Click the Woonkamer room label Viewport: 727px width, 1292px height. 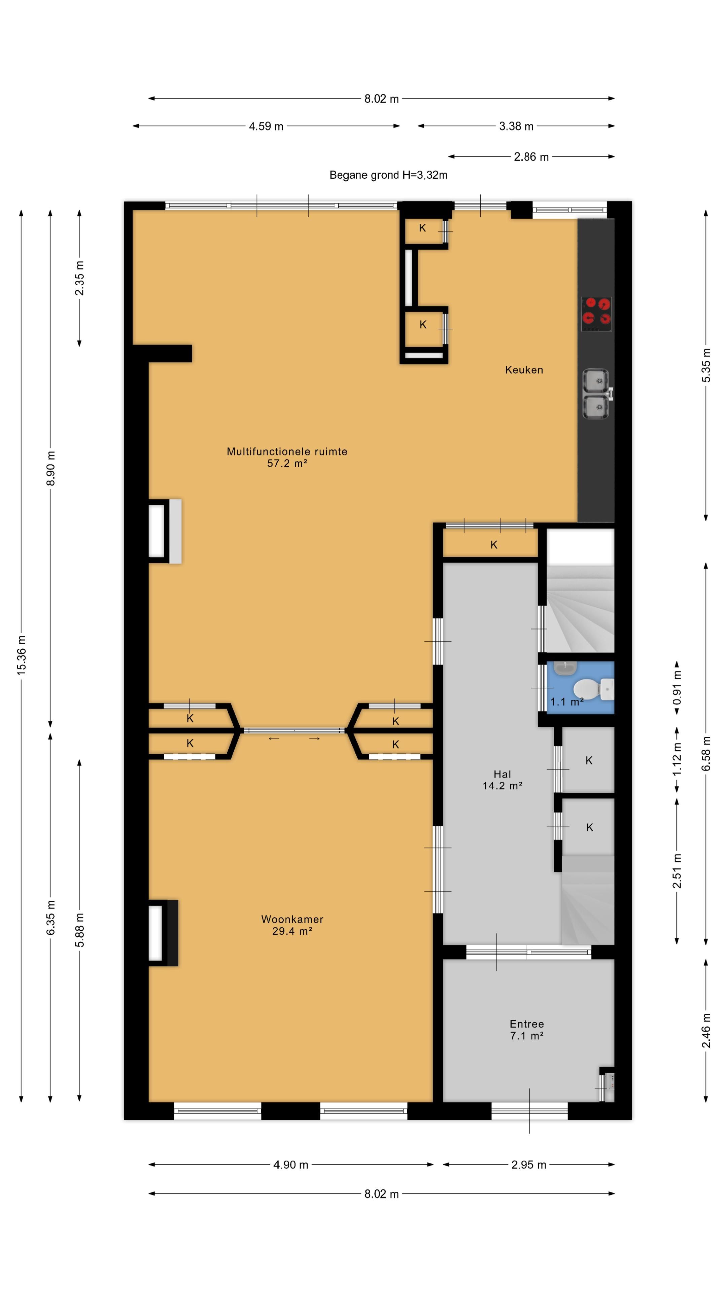292,919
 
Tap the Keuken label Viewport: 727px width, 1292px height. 524,370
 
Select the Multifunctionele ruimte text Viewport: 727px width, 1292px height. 287,452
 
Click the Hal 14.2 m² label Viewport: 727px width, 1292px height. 502,780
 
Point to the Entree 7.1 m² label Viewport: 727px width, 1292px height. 527,1030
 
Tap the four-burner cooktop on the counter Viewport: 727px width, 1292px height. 596,314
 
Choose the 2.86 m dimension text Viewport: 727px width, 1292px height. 531,157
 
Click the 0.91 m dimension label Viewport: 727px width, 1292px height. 677,688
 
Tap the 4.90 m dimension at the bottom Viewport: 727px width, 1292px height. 290,1164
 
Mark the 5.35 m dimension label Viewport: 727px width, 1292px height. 706,365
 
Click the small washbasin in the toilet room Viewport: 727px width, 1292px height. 565,668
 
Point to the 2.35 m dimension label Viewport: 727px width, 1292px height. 79,278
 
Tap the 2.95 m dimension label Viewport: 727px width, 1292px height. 528,1164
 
